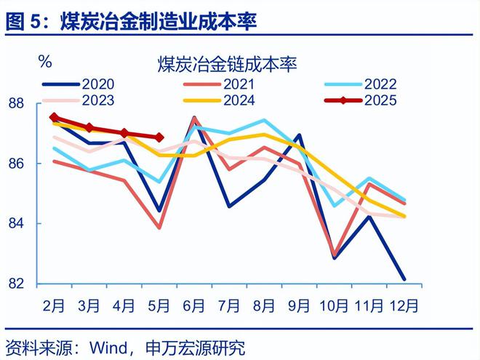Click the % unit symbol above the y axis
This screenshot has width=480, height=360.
click(x=45, y=61)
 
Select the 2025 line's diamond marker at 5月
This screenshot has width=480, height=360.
click(x=159, y=137)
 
